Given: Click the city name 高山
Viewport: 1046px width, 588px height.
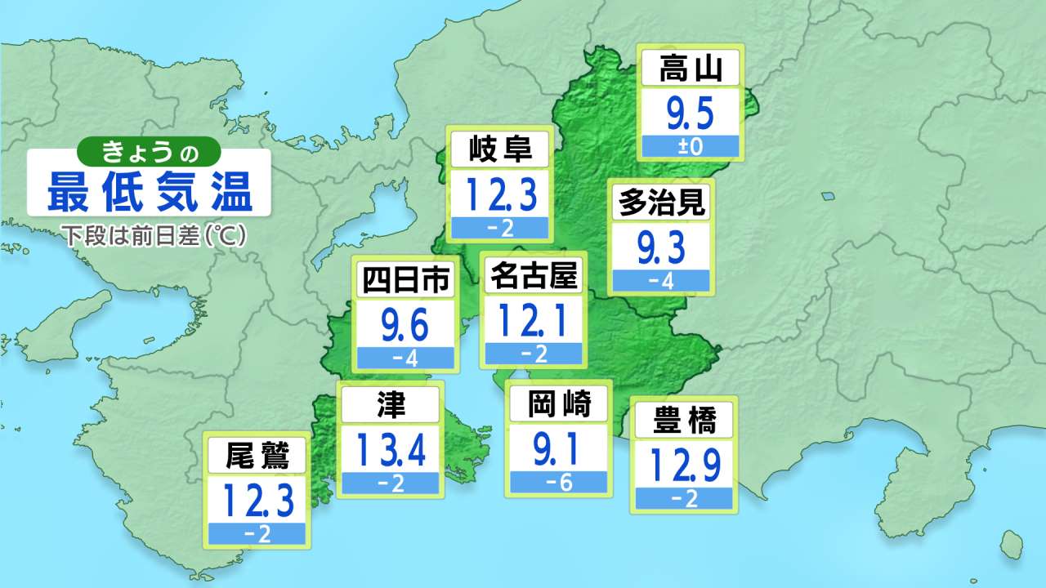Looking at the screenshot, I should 691,69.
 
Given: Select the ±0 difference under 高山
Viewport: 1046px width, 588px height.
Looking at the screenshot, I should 691,148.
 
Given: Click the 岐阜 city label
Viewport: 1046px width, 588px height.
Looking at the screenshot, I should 500,150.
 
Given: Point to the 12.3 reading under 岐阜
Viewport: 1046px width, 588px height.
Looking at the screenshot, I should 500,196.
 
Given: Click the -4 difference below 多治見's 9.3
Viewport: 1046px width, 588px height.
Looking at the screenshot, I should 661,282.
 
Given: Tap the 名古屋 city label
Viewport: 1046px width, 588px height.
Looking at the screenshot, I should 533,277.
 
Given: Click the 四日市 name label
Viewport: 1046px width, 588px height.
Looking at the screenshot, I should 405,282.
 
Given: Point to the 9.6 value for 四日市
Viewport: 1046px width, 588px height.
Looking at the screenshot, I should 405,326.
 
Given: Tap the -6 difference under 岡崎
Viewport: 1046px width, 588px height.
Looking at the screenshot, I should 558,483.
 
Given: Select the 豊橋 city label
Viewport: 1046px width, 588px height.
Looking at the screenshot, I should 684,421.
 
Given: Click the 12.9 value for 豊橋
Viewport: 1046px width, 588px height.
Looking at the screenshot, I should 684,465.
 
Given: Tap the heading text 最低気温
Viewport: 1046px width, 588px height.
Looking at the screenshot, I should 149,193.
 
